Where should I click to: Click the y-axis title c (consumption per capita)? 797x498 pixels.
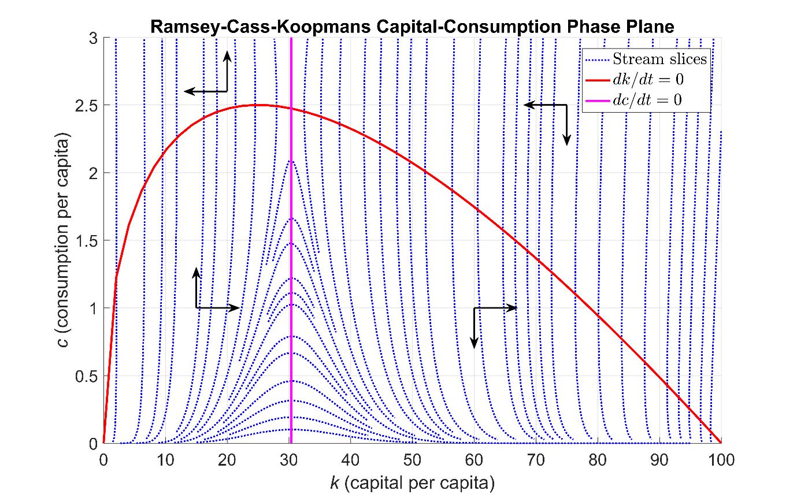click(x=70, y=241)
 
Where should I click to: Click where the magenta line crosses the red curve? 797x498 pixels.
click(x=291, y=109)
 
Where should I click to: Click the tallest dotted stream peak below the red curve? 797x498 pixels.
click(x=291, y=161)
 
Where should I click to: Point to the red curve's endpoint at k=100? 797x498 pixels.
click(x=721, y=443)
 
